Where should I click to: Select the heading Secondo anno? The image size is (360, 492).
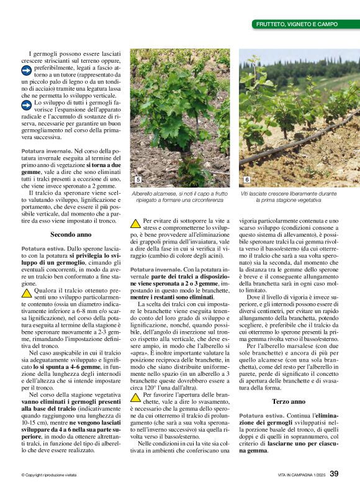pyautogui.click(x=71, y=235)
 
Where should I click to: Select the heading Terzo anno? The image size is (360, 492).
pyautogui.click(x=289, y=385)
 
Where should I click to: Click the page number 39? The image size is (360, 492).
pyautogui.click(x=334, y=475)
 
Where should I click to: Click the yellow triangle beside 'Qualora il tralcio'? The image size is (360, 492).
pyautogui.click(x=27, y=292)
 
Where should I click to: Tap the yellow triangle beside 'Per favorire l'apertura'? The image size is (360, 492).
pyautogui.click(x=135, y=396)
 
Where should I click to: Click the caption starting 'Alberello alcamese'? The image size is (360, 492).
pyautogui.click(x=179, y=197)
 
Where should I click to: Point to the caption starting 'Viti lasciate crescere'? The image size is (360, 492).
pyautogui.click(x=288, y=197)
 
